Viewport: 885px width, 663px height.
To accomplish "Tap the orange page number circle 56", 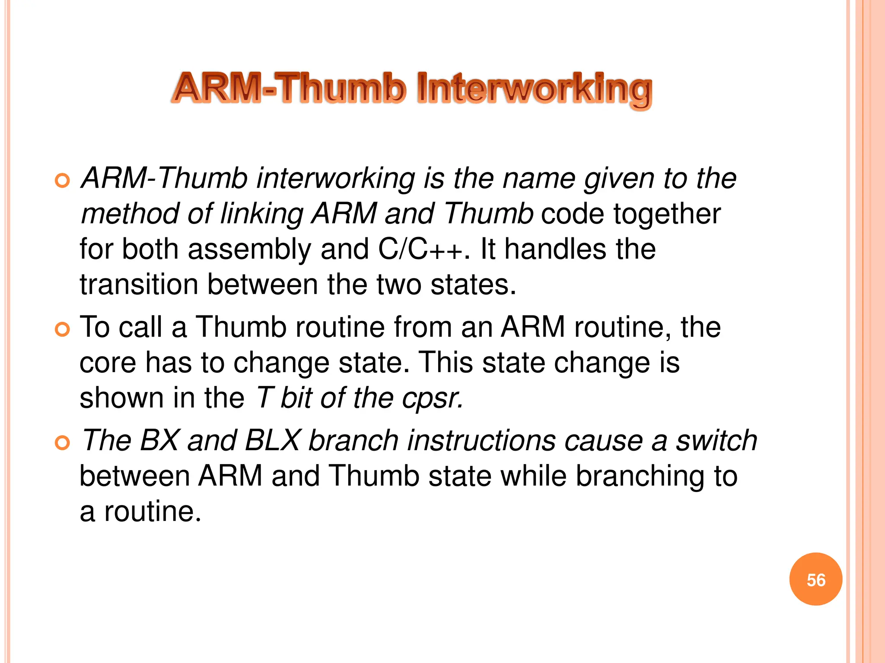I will coord(815,579).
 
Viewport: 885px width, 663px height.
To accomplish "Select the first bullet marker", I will coord(63,181).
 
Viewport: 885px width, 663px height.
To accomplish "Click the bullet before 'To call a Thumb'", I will coord(63,330).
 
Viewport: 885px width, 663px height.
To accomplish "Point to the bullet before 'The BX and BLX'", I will coord(63,443).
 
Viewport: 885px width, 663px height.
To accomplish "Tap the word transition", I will coord(139,285).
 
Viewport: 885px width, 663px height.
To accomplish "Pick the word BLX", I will coord(272,441).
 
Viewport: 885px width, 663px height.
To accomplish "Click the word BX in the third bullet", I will coord(159,441).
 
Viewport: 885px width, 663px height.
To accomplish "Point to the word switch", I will coord(716,441).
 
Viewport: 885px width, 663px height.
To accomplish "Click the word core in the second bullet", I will coord(108,363).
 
